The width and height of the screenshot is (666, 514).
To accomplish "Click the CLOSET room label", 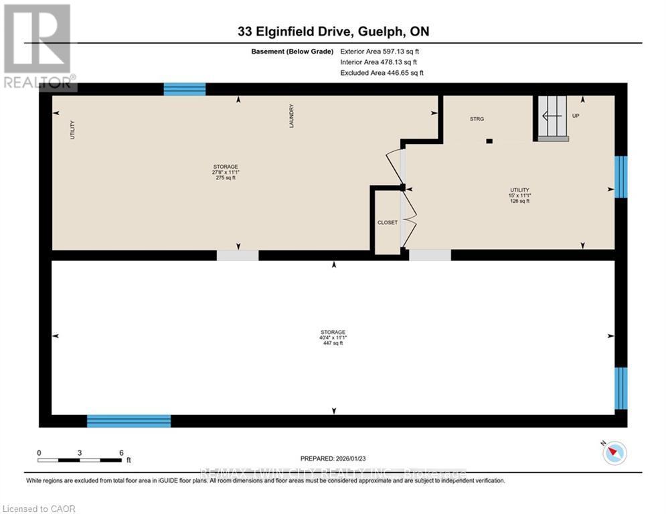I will click(388, 222).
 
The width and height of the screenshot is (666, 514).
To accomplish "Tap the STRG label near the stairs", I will click(476, 118).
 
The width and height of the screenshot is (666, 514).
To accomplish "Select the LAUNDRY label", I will click(291, 116).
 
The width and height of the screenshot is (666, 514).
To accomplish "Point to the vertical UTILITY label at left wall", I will click(73, 129).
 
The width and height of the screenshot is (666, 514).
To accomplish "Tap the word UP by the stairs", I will click(576, 116).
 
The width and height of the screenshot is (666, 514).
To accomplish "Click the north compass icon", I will click(614, 454).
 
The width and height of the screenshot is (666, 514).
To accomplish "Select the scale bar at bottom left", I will click(80, 460).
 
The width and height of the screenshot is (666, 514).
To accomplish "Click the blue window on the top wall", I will click(185, 89).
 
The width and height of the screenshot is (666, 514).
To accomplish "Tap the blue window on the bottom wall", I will click(129, 421).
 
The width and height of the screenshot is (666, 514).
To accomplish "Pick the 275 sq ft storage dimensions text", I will click(226, 173).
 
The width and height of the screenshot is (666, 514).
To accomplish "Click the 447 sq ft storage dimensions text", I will click(333, 338).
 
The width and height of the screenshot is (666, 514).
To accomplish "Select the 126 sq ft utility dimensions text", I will click(520, 195).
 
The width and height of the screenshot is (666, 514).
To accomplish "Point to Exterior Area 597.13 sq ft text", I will click(380, 51).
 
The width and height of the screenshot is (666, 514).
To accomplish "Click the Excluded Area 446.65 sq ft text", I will click(382, 72).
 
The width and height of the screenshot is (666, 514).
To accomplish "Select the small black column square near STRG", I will click(489, 141).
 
